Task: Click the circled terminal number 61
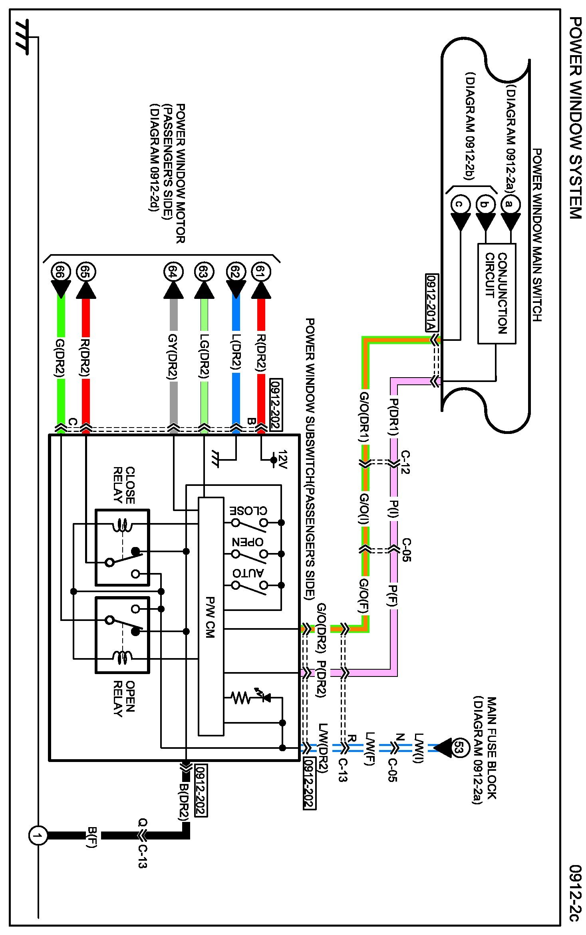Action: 261,273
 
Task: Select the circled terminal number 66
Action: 61,273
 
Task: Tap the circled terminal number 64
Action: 173,273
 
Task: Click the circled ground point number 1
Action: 38,836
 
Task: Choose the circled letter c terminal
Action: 460,204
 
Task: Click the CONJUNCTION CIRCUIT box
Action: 497,293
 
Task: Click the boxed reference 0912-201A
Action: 431,303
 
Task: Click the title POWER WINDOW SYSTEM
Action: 575,117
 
